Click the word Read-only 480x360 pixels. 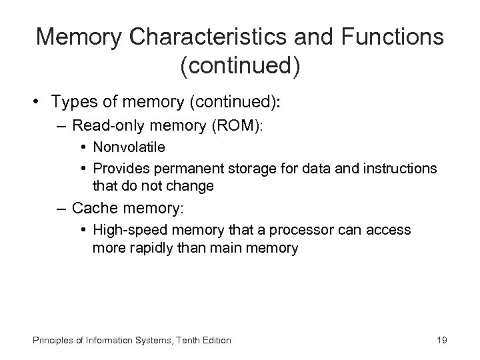(x=106, y=125)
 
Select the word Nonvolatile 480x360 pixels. (x=129, y=146)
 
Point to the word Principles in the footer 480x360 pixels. (x=51, y=340)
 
